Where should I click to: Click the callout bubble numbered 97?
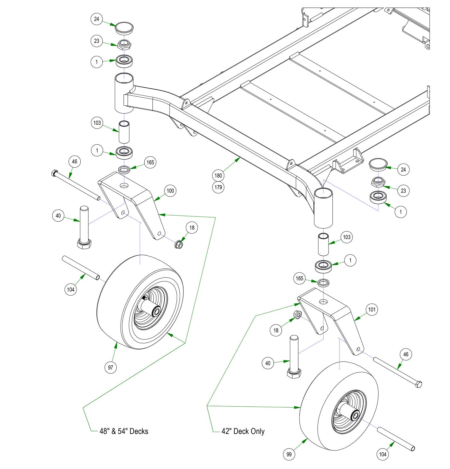click(x=111, y=367)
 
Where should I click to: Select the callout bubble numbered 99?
click(x=289, y=454)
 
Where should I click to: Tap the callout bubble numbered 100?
click(x=170, y=191)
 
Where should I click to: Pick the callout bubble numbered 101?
click(x=372, y=310)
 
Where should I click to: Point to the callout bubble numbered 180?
click(x=218, y=175)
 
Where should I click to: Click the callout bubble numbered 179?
click(x=218, y=187)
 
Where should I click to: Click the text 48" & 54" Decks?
click(x=124, y=431)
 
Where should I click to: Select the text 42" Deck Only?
click(x=243, y=431)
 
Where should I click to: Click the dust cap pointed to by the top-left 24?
click(x=124, y=28)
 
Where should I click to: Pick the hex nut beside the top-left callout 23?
click(x=124, y=44)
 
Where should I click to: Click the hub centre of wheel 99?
click(x=355, y=416)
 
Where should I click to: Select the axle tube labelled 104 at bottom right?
click(x=396, y=439)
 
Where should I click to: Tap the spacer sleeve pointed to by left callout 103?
click(x=124, y=132)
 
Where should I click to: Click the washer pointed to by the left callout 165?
click(x=124, y=169)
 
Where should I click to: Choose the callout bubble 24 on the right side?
click(x=403, y=169)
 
